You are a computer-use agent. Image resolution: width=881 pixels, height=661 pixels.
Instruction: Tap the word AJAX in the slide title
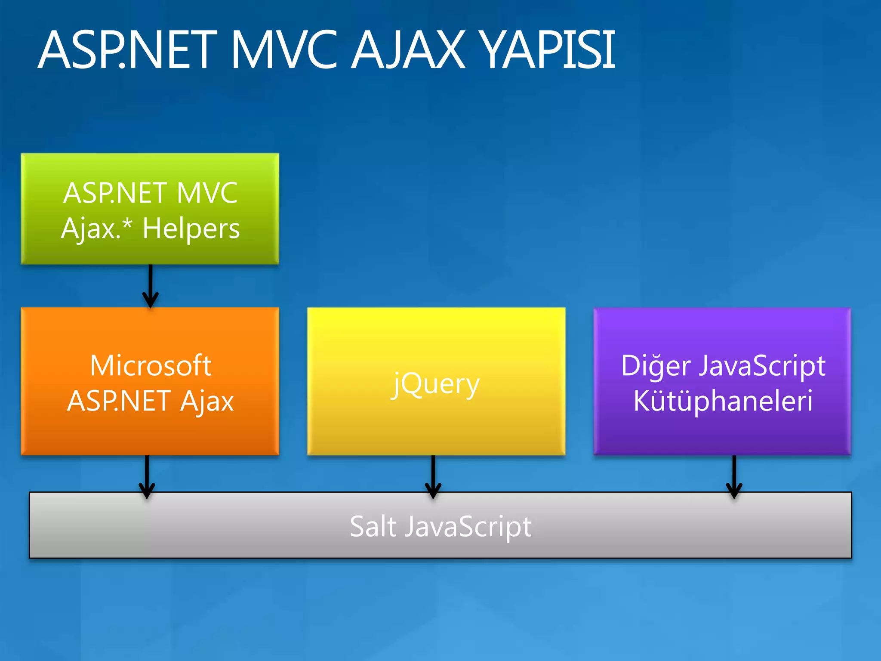coord(409,50)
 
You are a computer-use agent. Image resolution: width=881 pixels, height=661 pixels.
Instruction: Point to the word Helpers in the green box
coord(191,229)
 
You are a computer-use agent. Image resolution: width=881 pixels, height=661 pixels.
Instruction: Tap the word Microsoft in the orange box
coord(151,366)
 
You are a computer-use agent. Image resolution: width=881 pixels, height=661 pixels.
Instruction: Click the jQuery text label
coord(436,384)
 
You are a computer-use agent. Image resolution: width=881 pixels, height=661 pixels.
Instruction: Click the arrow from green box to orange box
coord(150,286)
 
